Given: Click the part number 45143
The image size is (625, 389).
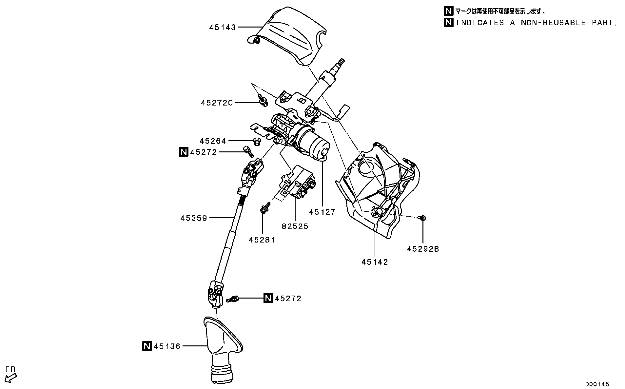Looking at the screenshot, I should click(223, 28).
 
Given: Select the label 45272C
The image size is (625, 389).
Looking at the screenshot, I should click(217, 103).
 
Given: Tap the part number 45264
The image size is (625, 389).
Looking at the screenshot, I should click(213, 141).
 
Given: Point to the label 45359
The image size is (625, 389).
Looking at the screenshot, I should click(194, 218).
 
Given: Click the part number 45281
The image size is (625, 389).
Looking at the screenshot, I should click(262, 240).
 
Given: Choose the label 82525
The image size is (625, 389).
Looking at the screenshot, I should click(295, 226).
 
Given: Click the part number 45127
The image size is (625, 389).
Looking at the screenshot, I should click(322, 212).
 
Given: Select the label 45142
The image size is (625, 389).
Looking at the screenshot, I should click(375, 262).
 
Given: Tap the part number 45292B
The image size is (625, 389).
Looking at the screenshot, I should click(423, 249).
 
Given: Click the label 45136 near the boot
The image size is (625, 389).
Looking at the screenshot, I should click(167, 346).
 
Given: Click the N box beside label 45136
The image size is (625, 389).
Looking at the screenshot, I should click(147, 346).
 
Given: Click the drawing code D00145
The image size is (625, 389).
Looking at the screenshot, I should click(597, 384).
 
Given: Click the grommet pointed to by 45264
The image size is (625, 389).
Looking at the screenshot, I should click(257, 142).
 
